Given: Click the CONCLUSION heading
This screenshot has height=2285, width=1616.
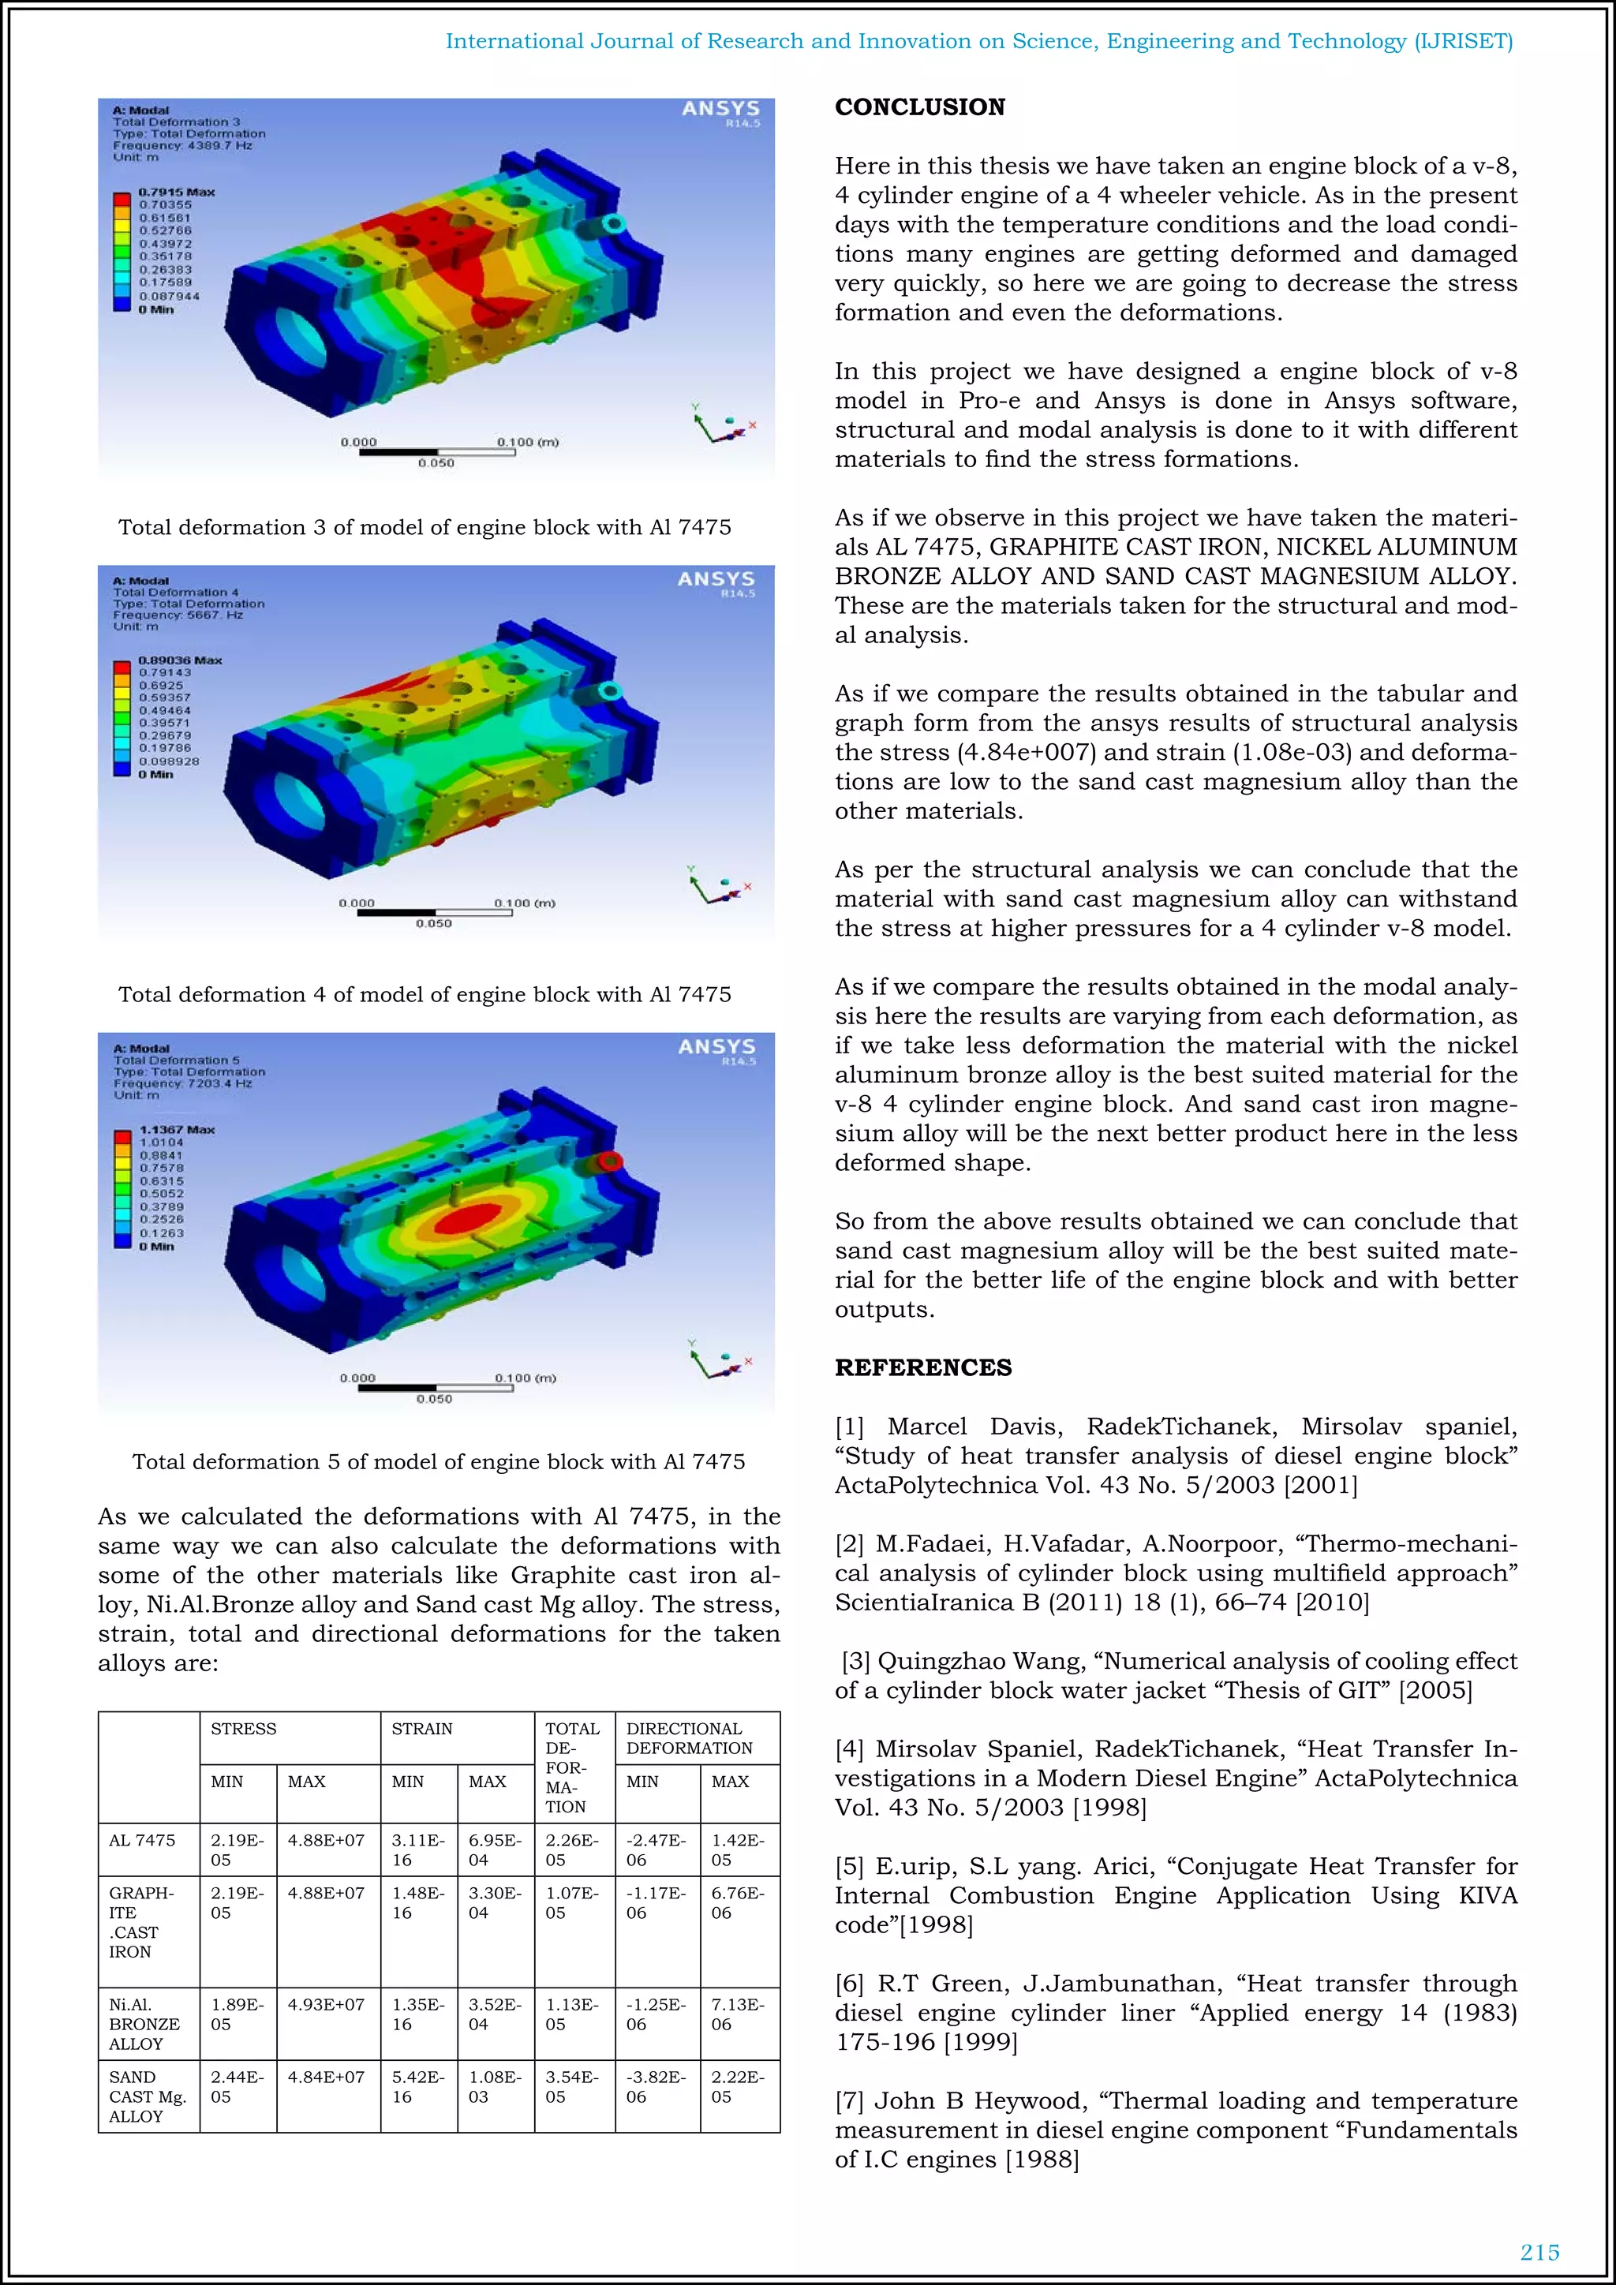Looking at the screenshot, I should [x=919, y=107].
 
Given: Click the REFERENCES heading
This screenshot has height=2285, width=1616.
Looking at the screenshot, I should [x=922, y=1367].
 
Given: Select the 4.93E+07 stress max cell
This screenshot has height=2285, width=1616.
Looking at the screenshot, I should [x=327, y=2004].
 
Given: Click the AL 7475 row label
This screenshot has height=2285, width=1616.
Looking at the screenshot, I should [x=141, y=1840].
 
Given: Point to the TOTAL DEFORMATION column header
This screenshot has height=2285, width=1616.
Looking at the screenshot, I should [x=573, y=1767].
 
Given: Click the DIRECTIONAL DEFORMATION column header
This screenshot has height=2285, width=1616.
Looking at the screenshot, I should [x=689, y=1737].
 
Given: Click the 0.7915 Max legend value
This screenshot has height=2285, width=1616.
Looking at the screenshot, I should [x=176, y=192].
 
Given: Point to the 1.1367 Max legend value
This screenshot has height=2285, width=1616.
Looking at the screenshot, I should [x=176, y=1130].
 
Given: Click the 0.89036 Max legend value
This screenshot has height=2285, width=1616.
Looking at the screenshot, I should [x=180, y=660].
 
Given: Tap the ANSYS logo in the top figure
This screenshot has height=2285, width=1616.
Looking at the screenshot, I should [x=720, y=108].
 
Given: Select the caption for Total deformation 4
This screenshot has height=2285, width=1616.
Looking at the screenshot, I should [x=425, y=994].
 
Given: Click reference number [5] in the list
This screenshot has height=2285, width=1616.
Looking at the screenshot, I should [x=849, y=1866].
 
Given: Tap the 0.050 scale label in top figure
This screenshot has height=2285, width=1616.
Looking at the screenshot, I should [x=436, y=463].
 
